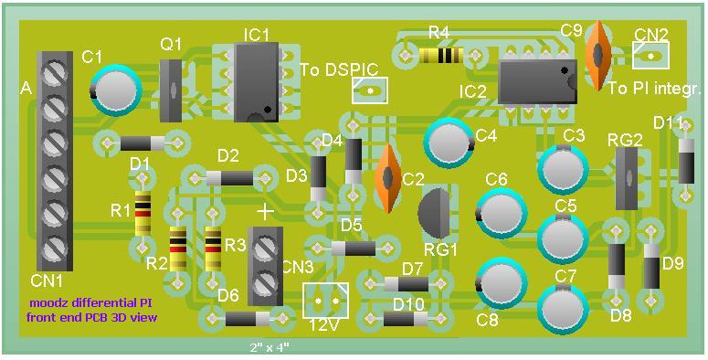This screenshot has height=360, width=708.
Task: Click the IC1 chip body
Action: [x=256, y=82]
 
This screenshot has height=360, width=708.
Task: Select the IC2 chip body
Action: [x=538, y=81]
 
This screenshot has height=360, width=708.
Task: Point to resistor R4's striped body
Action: [x=440, y=56]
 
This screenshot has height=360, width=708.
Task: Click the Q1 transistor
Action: [x=171, y=90]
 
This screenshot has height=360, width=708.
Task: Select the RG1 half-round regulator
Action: [x=434, y=213]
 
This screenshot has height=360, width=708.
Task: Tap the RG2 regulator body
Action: [x=628, y=179]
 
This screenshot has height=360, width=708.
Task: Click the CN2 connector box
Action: [x=650, y=56]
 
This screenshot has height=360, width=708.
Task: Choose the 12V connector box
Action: [x=326, y=301]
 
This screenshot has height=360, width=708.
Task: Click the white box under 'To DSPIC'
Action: [x=370, y=90]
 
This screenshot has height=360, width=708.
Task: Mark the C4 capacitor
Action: [x=449, y=143]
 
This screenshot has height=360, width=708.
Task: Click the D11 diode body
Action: [x=686, y=161]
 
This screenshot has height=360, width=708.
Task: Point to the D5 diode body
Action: [x=354, y=249]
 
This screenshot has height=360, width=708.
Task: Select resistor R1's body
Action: [x=143, y=213]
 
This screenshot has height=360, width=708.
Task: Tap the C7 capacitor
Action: [x=563, y=309]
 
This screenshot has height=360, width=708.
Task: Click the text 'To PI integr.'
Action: [x=653, y=89]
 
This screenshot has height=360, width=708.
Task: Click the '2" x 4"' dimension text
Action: [x=269, y=348]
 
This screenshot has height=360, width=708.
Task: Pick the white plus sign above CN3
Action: [x=265, y=211]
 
